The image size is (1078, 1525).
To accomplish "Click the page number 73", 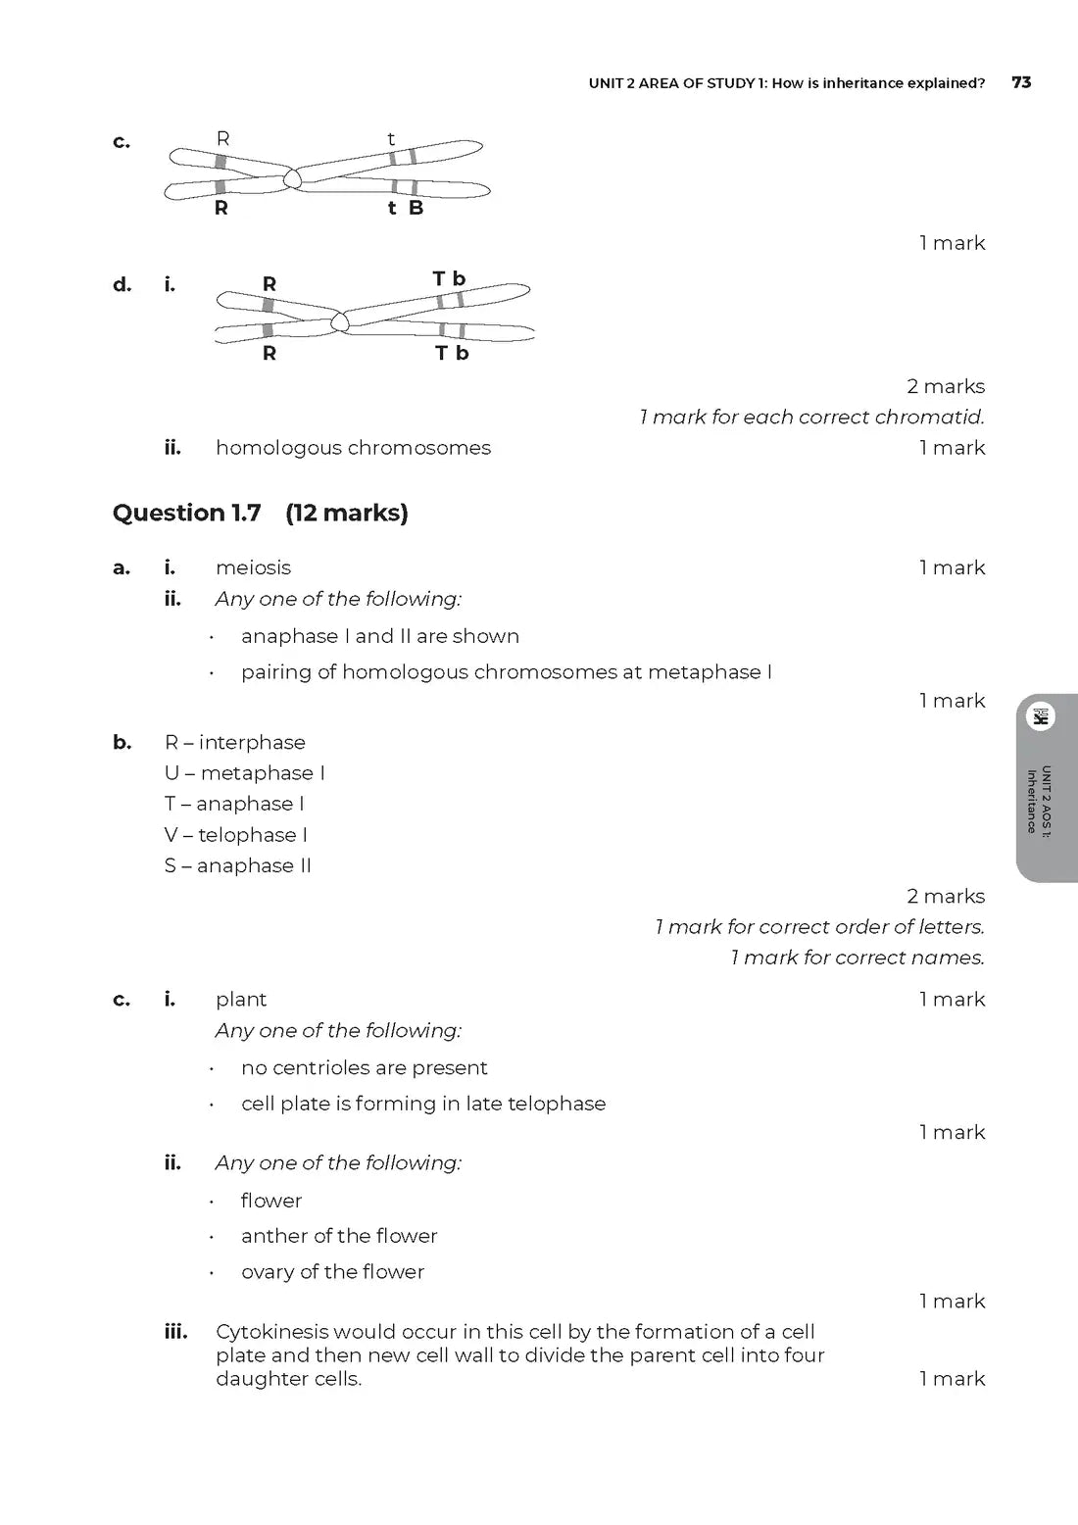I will pos(1021,82).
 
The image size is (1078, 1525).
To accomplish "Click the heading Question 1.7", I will pos(186,513).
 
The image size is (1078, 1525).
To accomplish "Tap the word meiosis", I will pos(253,567).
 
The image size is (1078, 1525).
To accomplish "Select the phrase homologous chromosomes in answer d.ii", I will pos(353,448).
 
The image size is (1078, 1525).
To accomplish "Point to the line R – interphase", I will pos(235,742).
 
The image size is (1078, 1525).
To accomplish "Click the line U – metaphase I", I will pos(245,773).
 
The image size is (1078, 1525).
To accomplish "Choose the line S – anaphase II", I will pos(238,865).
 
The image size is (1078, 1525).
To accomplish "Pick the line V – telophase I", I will pos(236,835).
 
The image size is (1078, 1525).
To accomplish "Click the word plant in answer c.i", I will pos(241,1000).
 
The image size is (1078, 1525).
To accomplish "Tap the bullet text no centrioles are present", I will pos(364,1067).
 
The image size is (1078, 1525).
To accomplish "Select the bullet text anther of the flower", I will pos(339,1236).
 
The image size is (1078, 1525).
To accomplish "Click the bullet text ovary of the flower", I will pos(332,1272).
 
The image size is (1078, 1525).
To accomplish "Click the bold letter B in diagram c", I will pos(416,208).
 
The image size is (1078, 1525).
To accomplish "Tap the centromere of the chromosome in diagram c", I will pos(292,178).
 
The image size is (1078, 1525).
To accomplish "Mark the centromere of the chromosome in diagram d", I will pos(340,320).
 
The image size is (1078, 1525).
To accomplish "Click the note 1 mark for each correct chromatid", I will pos(811,418).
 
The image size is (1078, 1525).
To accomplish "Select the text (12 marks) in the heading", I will pos(347,513).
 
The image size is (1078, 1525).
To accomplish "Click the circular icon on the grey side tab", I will pos(1040,716).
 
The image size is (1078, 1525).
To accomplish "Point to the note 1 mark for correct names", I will pos(857,958).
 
